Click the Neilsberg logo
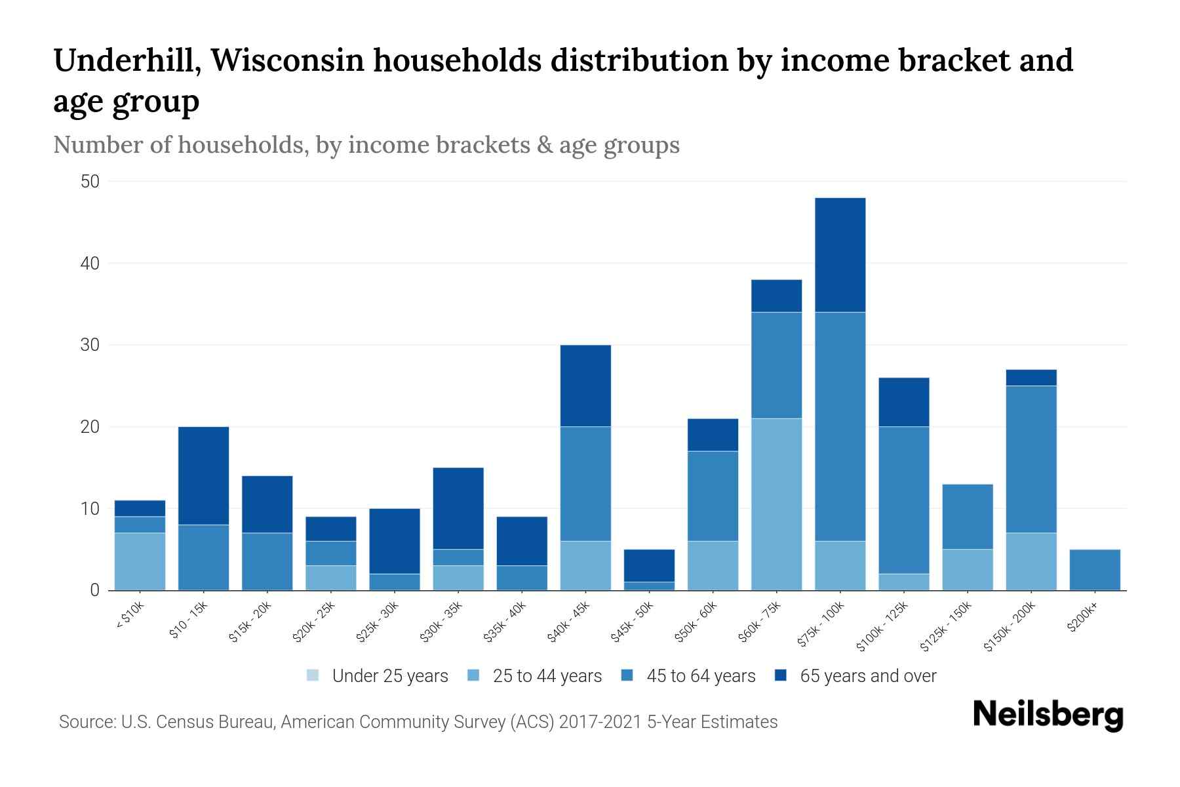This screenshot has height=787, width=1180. (1048, 715)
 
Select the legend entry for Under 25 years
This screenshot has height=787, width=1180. (389, 676)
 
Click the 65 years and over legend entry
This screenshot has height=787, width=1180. (867, 676)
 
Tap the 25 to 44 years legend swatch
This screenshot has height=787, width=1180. (473, 676)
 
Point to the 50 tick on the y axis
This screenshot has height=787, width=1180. (90, 182)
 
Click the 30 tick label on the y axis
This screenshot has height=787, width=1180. (90, 345)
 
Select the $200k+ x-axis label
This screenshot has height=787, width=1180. (1082, 620)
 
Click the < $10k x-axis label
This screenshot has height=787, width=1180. (130, 616)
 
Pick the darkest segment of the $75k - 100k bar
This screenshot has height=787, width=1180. (840, 254)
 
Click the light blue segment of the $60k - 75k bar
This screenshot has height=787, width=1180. (776, 504)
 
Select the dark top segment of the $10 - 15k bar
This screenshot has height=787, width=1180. (203, 475)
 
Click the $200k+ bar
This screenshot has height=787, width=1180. (1095, 569)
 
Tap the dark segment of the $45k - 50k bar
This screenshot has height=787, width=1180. (649, 565)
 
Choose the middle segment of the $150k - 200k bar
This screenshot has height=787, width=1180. (1031, 459)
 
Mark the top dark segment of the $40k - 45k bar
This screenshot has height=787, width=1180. (585, 386)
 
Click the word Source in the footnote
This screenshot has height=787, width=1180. (85, 722)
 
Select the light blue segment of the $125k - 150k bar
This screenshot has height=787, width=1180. (967, 569)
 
